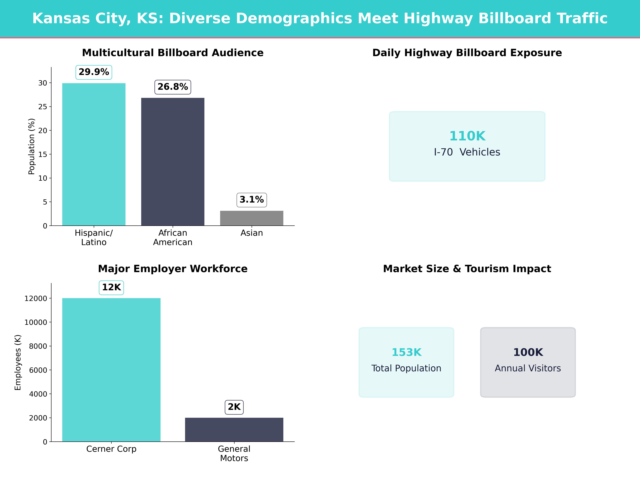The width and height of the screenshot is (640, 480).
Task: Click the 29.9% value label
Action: pyautogui.click(x=94, y=72)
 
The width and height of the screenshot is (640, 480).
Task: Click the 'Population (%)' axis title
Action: pyautogui.click(x=32, y=146)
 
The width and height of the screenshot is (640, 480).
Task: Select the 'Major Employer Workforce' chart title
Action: pyautogui.click(x=173, y=269)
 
